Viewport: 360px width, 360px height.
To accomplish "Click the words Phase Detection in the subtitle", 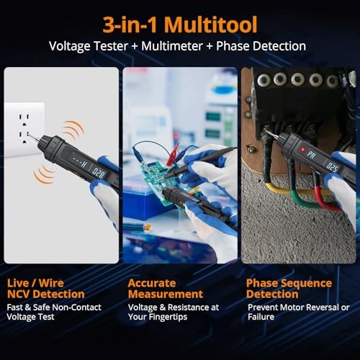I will click(266, 45).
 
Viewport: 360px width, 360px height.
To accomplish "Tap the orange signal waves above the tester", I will click(71, 130).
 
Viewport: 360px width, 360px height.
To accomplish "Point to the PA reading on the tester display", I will click(310, 155).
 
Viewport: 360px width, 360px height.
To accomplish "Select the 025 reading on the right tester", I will click(332, 166).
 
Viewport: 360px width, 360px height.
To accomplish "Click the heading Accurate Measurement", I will click(165, 289).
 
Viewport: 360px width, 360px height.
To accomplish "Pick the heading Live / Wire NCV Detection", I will click(46, 289).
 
